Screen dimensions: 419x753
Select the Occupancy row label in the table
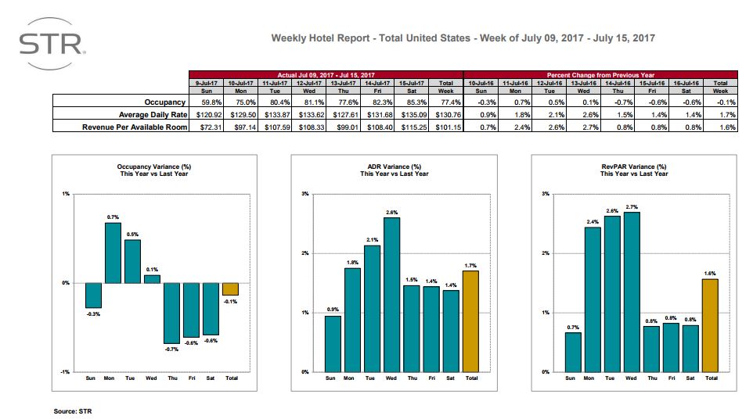point(164,102)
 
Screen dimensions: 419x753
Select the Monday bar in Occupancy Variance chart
point(113,252)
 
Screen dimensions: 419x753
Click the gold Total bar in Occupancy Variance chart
point(230,289)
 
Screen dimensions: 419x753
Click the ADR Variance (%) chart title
point(394,167)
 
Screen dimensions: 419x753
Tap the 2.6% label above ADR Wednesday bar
point(391,212)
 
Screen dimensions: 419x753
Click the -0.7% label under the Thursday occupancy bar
point(171,349)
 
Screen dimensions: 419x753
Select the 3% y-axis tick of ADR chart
point(304,193)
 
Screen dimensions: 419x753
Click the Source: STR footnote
point(78,410)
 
